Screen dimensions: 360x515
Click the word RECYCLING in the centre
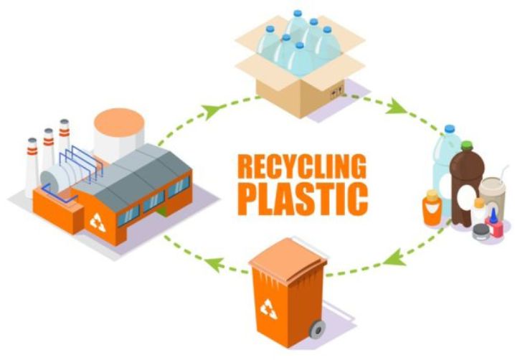click(302, 167)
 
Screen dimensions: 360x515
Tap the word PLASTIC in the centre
click(302, 199)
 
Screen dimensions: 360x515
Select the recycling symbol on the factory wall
click(98, 222)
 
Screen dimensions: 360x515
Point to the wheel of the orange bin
click(317, 331)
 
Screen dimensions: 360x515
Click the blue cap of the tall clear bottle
click(450, 130)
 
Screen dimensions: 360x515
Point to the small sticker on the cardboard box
click(335, 93)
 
